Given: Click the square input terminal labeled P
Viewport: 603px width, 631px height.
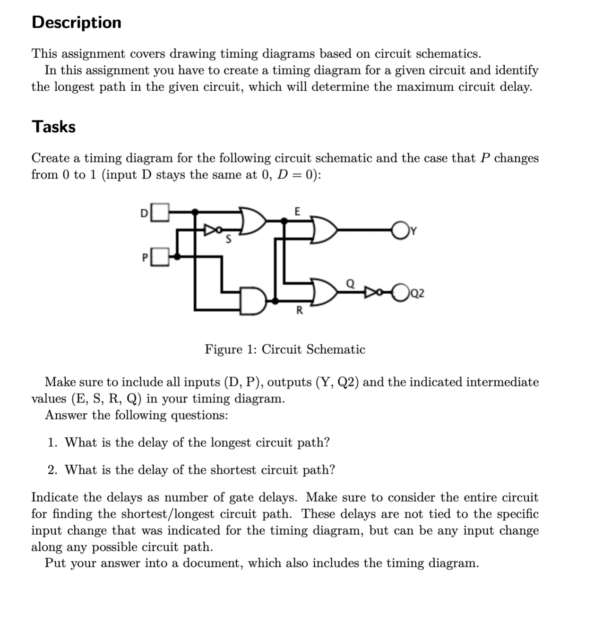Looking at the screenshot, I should (x=160, y=257).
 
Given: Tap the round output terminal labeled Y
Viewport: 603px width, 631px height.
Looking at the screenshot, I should (x=400, y=230).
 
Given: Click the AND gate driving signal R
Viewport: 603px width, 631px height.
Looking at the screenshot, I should (x=253, y=300).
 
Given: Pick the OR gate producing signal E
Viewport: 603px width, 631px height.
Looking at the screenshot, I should (x=253, y=220).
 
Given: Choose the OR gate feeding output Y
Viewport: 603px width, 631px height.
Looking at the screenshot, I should (x=324, y=230).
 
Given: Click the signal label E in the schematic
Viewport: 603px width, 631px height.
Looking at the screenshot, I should (x=297, y=211).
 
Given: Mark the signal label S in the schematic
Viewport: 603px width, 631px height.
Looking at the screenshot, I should (x=228, y=239).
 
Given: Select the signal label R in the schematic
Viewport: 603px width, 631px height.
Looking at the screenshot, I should (x=299, y=311).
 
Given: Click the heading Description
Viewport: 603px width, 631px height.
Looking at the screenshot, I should (x=77, y=22).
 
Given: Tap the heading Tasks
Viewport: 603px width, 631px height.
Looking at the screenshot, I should (x=53, y=127).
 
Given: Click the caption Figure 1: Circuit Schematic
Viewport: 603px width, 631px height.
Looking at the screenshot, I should (x=285, y=350).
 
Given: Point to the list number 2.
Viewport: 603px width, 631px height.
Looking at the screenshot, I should (x=52, y=470).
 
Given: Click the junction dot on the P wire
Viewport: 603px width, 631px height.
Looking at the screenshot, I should (x=177, y=256).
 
